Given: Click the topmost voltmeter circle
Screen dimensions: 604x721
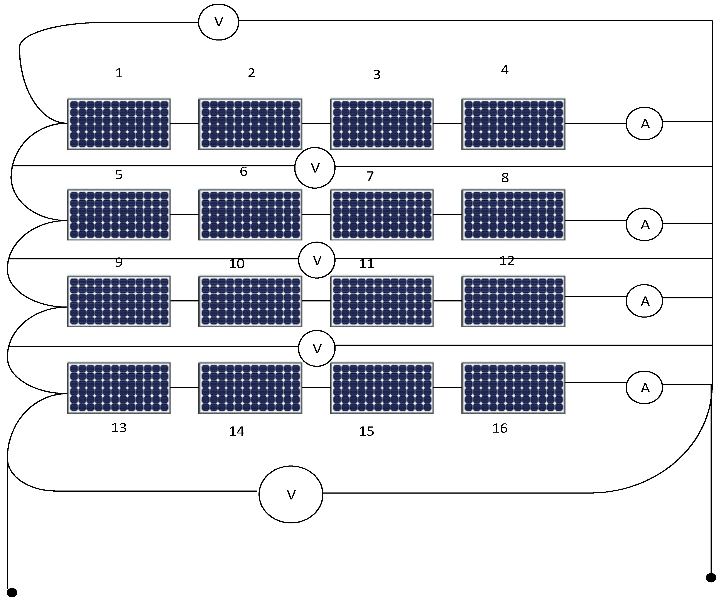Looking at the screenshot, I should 218,22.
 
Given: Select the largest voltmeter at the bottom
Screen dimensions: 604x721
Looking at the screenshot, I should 291,494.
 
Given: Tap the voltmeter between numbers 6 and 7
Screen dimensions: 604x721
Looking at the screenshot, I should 315,168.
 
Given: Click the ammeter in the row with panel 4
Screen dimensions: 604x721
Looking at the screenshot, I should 644,124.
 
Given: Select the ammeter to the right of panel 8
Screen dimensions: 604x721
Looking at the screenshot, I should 644,224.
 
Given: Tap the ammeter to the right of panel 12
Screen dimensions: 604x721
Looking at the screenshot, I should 644,301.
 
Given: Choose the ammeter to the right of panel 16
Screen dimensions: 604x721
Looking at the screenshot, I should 644,387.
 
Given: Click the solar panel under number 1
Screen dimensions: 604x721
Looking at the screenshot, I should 119,124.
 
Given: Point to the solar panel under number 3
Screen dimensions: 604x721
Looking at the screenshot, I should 382,124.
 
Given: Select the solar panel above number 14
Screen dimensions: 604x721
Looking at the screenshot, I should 250,388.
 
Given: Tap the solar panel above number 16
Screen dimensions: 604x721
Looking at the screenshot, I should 513,388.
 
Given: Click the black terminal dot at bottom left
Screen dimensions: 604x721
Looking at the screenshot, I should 12,592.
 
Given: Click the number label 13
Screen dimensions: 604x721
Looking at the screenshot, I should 119,428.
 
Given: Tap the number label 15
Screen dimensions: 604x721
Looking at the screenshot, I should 366,431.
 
